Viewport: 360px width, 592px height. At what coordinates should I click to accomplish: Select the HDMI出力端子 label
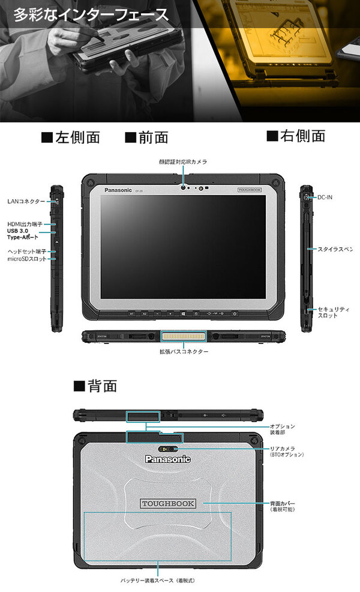pyautogui.click(x=25, y=224)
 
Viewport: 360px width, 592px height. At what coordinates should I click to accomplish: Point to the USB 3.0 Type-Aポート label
pyautogui.click(x=23, y=234)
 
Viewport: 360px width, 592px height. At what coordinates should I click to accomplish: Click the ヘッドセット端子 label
pyautogui.click(x=26, y=251)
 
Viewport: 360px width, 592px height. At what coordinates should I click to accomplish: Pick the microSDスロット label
pyautogui.click(x=26, y=259)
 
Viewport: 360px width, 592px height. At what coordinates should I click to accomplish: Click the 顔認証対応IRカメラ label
pyautogui.click(x=183, y=162)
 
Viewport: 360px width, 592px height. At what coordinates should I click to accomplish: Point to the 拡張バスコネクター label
pyautogui.click(x=184, y=351)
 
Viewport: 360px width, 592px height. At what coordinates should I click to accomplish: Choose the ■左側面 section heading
pyautogui.click(x=70, y=137)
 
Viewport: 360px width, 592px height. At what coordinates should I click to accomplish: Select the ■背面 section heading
pyautogui.click(x=95, y=385)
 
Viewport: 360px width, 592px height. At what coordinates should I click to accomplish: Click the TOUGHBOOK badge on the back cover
pyautogui.click(x=168, y=503)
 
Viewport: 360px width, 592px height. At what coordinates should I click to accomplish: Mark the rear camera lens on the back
pyautogui.click(x=168, y=449)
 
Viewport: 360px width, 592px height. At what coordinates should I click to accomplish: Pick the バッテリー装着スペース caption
pyautogui.click(x=157, y=581)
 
